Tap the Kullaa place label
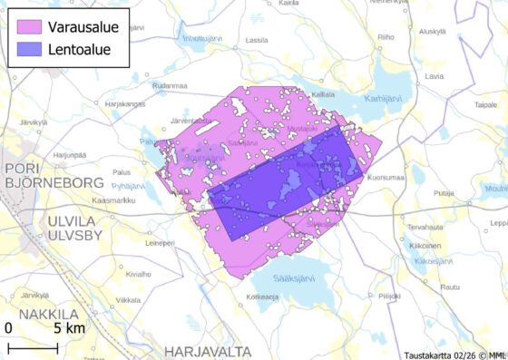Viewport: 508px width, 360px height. (x=322, y=94)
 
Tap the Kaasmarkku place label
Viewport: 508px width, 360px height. (x=114, y=200)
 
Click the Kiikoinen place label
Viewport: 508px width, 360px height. (x=424, y=246)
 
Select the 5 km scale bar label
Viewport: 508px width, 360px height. (x=68, y=326)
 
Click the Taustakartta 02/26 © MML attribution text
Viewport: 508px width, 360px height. (x=454, y=354)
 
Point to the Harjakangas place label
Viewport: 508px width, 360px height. (x=125, y=103)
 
